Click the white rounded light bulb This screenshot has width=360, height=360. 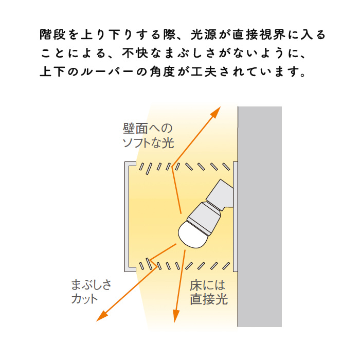click(x=191, y=233)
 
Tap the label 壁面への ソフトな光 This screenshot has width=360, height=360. click(x=148, y=135)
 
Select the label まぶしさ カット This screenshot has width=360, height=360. click(x=91, y=292)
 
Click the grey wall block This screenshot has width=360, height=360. click(x=260, y=216)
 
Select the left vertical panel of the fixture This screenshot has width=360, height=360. click(x=125, y=216)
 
